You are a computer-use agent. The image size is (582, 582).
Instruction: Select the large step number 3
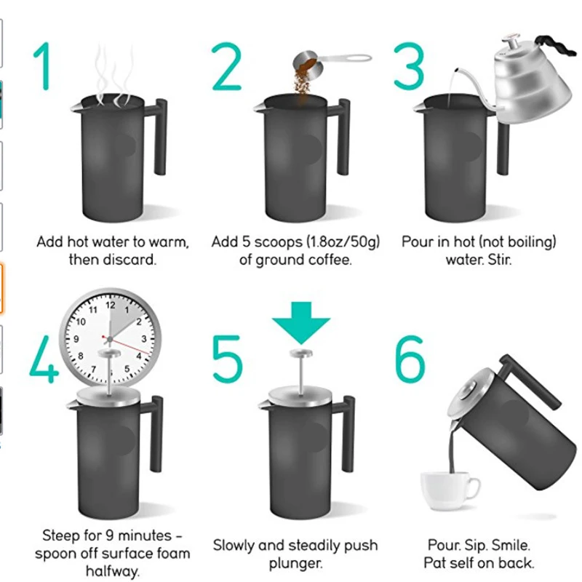[409, 67]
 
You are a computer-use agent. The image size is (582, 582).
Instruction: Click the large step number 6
[409, 359]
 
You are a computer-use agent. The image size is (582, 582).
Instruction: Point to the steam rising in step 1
[109, 73]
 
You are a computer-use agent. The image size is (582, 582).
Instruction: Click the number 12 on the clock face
[111, 306]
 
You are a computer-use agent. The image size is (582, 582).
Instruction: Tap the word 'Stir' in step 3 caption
[499, 259]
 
